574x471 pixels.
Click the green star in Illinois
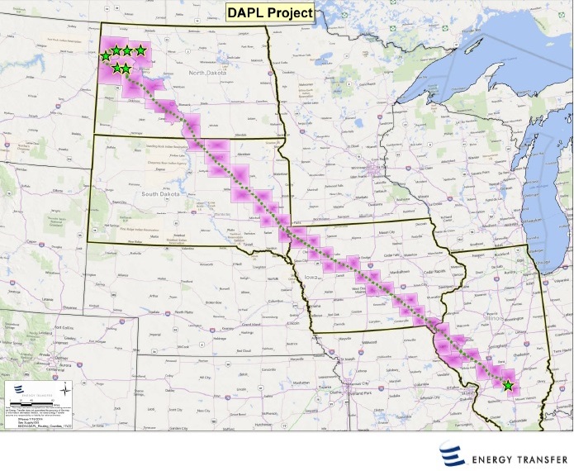tap(507, 385)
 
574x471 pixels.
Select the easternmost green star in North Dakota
tap(140, 51)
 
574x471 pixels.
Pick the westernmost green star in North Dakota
tap(105, 56)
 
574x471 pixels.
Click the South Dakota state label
tap(161, 194)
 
